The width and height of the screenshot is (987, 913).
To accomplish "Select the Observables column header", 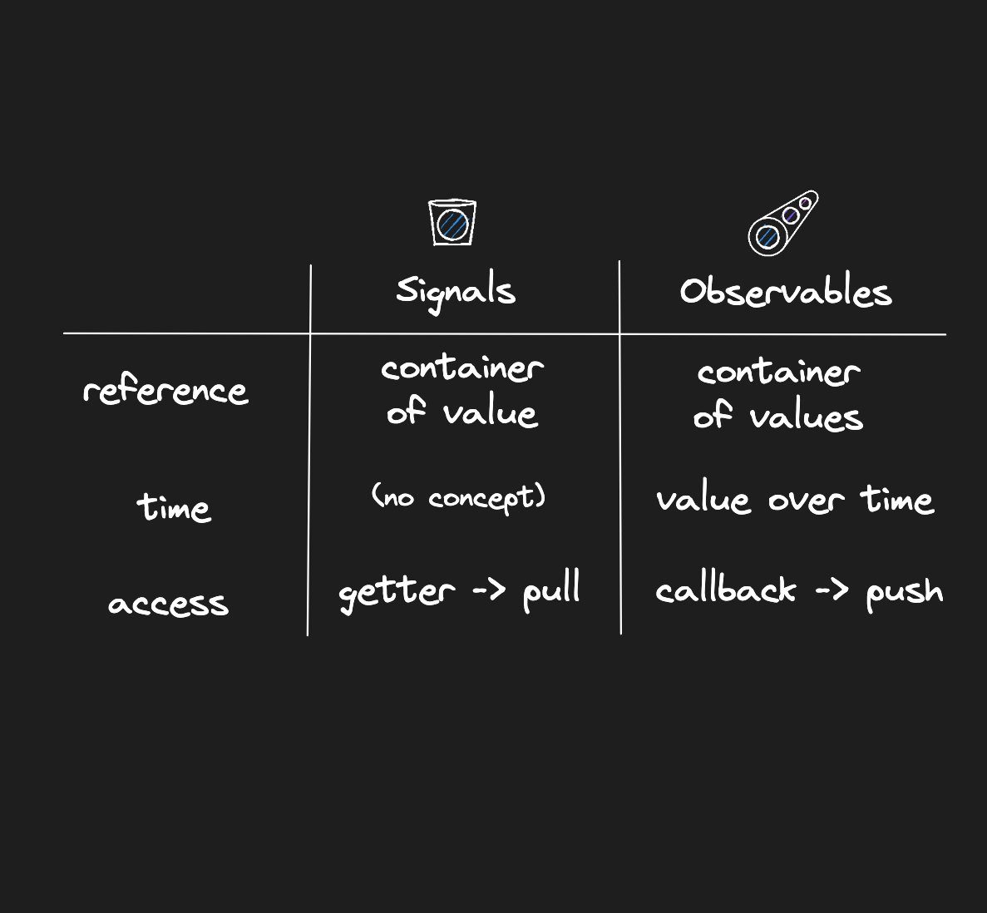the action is tap(785, 292).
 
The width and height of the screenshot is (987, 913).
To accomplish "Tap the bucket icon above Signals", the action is tap(452, 222).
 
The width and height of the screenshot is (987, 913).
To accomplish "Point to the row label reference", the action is tap(165, 390).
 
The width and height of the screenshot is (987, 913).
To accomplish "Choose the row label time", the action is tap(174, 506).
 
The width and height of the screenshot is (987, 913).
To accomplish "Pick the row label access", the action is tap(168, 603).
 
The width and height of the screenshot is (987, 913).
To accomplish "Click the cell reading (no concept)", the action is tap(458, 497).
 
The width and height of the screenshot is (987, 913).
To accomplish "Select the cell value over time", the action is tap(794, 500).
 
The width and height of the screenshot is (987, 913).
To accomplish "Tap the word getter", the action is tap(396, 592).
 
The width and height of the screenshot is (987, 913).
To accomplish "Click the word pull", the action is tap(550, 590).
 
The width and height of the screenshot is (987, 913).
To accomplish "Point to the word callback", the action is tap(725, 590).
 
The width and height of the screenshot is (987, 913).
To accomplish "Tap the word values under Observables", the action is tap(806, 416).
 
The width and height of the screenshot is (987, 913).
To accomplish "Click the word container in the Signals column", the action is tap(462, 368).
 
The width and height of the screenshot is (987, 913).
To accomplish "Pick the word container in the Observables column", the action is tap(778, 372).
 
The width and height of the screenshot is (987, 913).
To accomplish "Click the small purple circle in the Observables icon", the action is tap(791, 215).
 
